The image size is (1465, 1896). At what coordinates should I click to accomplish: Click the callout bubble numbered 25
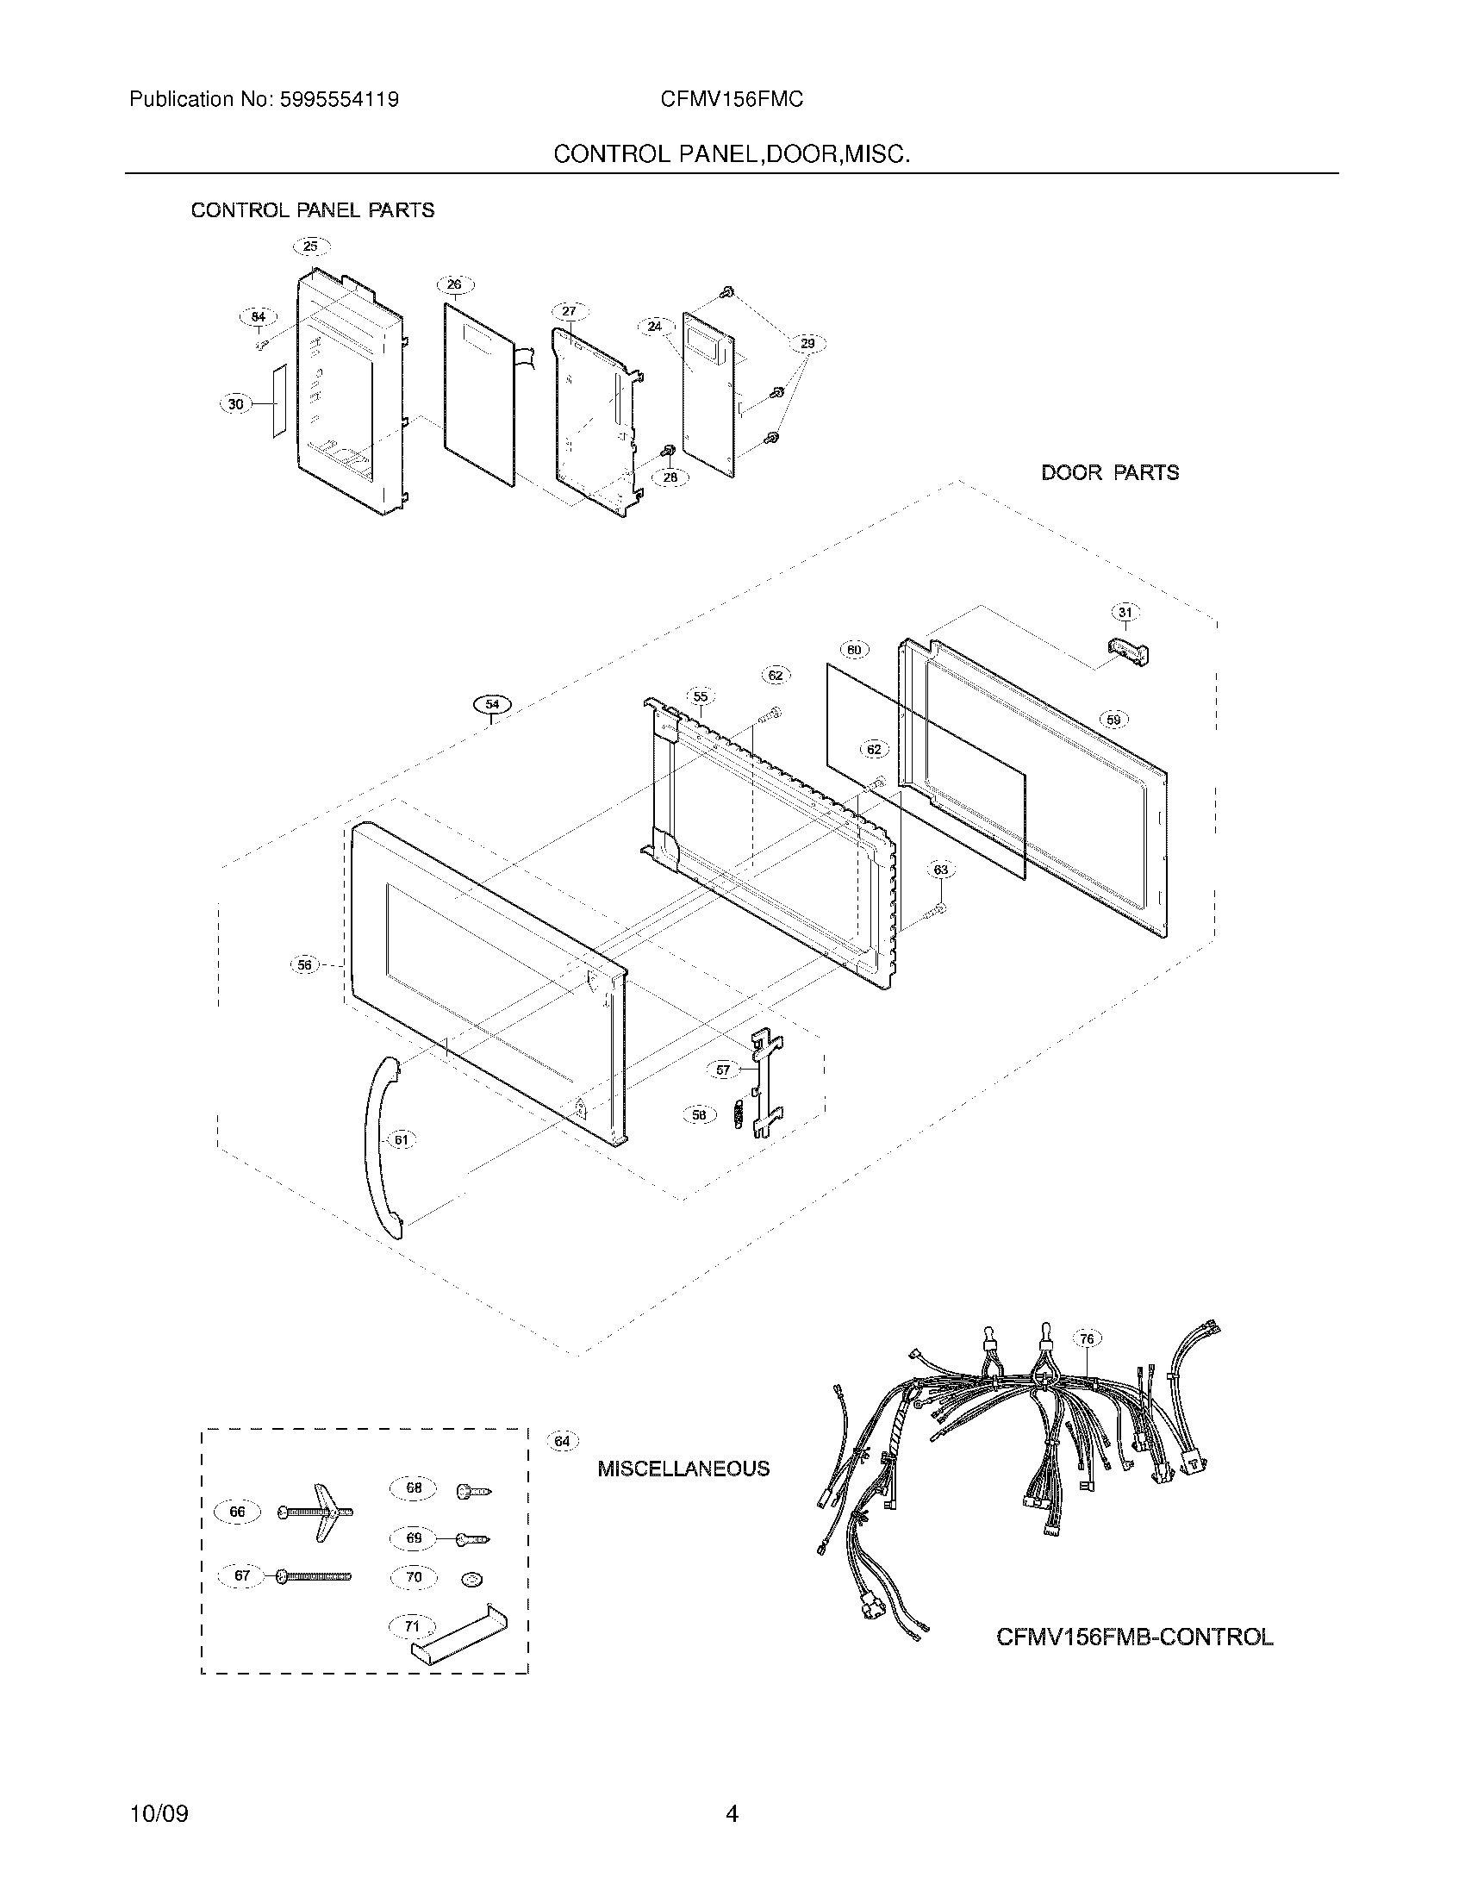point(311,246)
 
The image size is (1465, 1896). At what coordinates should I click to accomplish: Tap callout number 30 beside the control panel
point(236,403)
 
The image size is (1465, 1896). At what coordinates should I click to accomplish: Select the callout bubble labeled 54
point(492,704)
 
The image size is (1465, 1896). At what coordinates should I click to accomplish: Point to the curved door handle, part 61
point(382,1147)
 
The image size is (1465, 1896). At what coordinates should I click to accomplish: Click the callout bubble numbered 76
point(1087,1338)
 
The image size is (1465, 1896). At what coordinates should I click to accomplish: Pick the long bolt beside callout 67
point(315,1576)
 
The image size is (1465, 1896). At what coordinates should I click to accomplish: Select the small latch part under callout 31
point(1127,649)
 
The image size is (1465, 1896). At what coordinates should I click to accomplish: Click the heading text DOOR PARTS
point(1109,473)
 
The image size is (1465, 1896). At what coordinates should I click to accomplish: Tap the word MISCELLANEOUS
point(683,1469)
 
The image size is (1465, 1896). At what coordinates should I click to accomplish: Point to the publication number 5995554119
point(339,100)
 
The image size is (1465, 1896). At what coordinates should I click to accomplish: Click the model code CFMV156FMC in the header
point(731,100)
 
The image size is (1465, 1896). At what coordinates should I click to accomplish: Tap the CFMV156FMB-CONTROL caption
point(1134,1637)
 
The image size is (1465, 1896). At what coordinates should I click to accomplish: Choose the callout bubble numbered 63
point(940,869)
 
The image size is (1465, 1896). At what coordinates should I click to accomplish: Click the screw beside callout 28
point(668,452)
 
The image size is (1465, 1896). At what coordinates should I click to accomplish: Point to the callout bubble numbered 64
point(563,1442)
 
